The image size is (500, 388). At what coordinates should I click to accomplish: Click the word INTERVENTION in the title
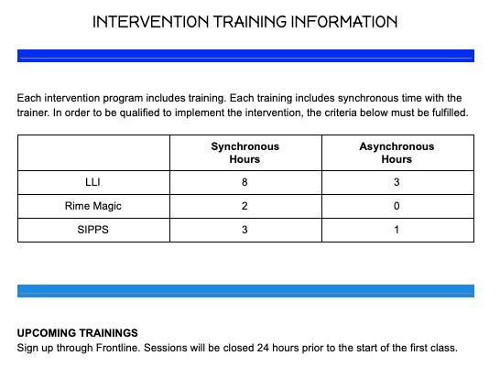150,22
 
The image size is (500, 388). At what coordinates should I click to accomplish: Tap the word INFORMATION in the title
344,22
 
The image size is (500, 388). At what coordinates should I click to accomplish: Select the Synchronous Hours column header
245,153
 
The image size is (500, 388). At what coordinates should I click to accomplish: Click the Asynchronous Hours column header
397,153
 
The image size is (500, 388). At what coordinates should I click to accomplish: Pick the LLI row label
92,182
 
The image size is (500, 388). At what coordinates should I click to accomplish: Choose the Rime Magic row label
92,206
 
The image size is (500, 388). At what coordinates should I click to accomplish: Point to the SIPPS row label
92,230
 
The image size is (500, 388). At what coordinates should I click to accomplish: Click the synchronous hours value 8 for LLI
245,182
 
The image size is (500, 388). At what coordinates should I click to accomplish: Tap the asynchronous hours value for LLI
397,182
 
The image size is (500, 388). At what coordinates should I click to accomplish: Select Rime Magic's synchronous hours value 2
245,206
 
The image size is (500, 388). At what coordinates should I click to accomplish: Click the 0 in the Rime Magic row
397,206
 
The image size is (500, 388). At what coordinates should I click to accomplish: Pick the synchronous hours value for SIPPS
245,230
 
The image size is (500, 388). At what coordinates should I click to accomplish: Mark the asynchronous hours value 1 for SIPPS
397,230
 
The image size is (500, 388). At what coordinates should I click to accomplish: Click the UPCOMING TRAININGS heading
78,333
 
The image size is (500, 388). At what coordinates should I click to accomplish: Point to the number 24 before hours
263,348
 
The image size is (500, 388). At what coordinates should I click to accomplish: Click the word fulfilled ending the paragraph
451,113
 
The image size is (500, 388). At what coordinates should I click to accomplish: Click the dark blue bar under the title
245,56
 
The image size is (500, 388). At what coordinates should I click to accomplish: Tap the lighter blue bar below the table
245,291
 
